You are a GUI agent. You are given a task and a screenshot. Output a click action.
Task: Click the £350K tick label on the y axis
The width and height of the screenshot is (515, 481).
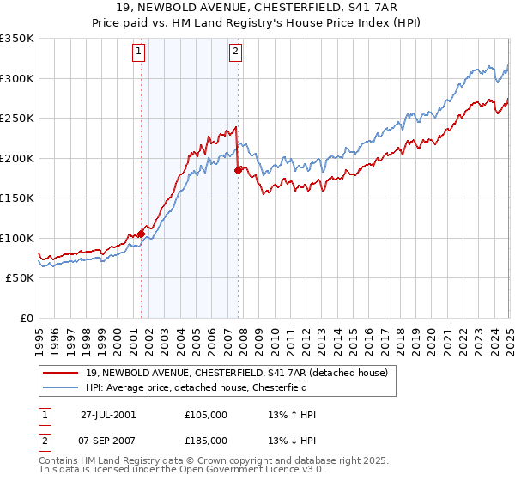pos(17,39)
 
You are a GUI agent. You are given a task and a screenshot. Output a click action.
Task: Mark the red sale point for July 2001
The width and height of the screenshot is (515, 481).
pos(141,234)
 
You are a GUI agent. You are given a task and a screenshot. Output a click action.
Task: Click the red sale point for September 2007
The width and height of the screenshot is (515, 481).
pos(238,170)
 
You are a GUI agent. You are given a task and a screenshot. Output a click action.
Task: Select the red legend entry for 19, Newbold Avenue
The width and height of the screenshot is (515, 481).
pos(237,373)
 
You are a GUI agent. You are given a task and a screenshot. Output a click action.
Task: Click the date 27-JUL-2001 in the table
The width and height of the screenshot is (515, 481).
pos(108,415)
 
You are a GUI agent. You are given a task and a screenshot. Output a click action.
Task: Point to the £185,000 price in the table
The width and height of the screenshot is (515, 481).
pos(206,441)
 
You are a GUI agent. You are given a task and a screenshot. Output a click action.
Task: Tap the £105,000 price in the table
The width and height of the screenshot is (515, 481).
pos(206,415)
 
